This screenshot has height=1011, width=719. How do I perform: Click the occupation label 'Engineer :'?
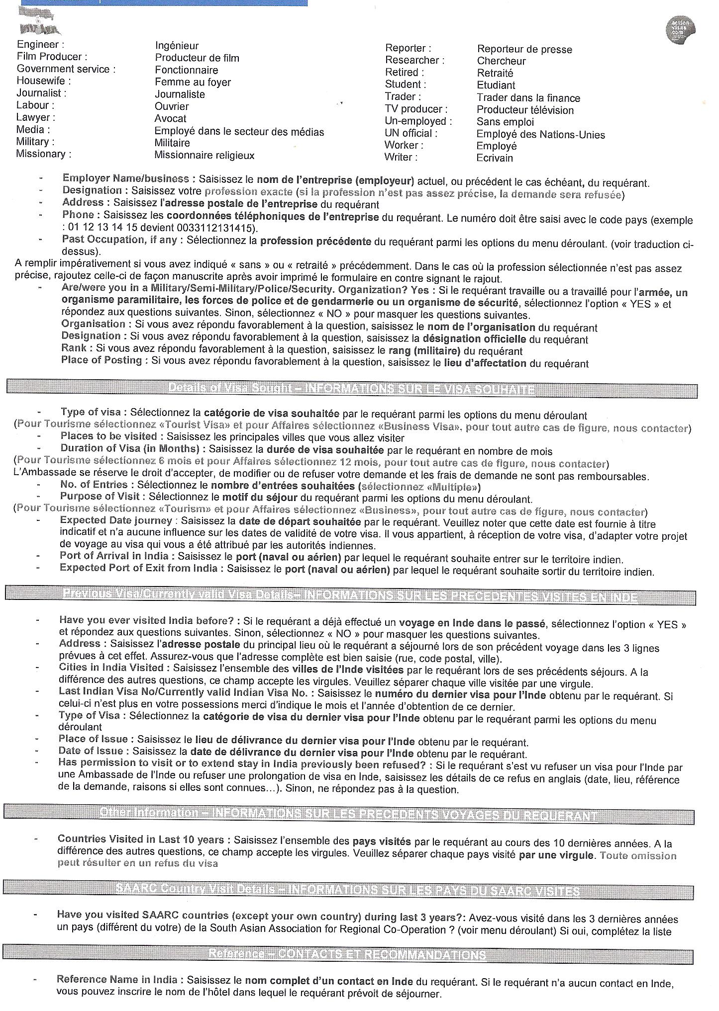click(x=40, y=45)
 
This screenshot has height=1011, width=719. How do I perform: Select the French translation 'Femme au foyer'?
click(x=193, y=82)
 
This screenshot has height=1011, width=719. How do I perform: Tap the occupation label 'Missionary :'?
click(x=43, y=154)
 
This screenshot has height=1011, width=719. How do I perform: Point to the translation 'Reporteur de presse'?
click(x=524, y=49)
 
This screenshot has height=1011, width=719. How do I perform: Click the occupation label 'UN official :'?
click(x=411, y=133)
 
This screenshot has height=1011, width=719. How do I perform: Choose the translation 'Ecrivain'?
click(x=494, y=158)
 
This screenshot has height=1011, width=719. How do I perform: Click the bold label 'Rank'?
click(x=74, y=348)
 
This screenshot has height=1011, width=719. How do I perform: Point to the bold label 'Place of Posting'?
click(x=102, y=360)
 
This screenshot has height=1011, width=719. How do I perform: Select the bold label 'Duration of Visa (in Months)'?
click(x=129, y=448)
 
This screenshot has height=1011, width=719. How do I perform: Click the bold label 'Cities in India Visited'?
click(x=111, y=668)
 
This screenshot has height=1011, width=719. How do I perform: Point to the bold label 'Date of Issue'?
click(x=91, y=751)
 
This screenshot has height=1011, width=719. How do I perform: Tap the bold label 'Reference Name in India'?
click(x=117, y=979)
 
